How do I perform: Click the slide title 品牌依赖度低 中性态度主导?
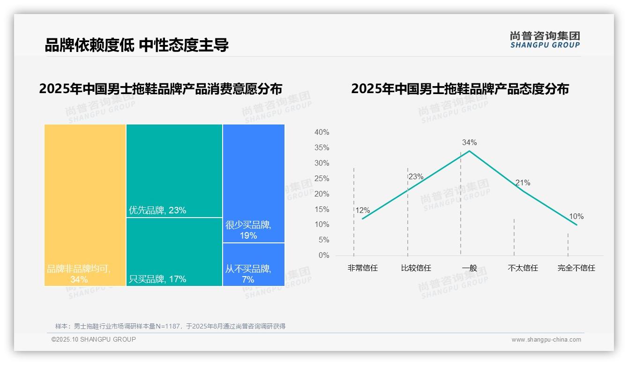pos(136,45)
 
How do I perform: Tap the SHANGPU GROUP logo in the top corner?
pos(545,40)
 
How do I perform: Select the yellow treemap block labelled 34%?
pos(85,204)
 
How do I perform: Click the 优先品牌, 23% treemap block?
pos(174,171)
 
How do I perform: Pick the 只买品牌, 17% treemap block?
pos(174,252)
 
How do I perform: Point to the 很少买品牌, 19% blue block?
pos(254,183)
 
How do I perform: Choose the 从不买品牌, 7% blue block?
pos(254,264)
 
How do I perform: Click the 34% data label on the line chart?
pos(469,142)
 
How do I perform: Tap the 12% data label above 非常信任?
pos(362,211)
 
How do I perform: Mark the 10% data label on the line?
pos(576,217)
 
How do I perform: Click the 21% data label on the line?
pos(523,183)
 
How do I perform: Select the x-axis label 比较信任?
pos(416,268)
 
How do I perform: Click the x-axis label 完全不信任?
pos(576,268)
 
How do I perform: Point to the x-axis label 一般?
pos(469,268)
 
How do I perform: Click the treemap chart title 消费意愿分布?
pos(160,89)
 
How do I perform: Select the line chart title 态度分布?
pos(460,89)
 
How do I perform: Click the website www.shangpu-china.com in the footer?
pos(546,340)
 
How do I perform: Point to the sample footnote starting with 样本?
pos(170,326)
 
